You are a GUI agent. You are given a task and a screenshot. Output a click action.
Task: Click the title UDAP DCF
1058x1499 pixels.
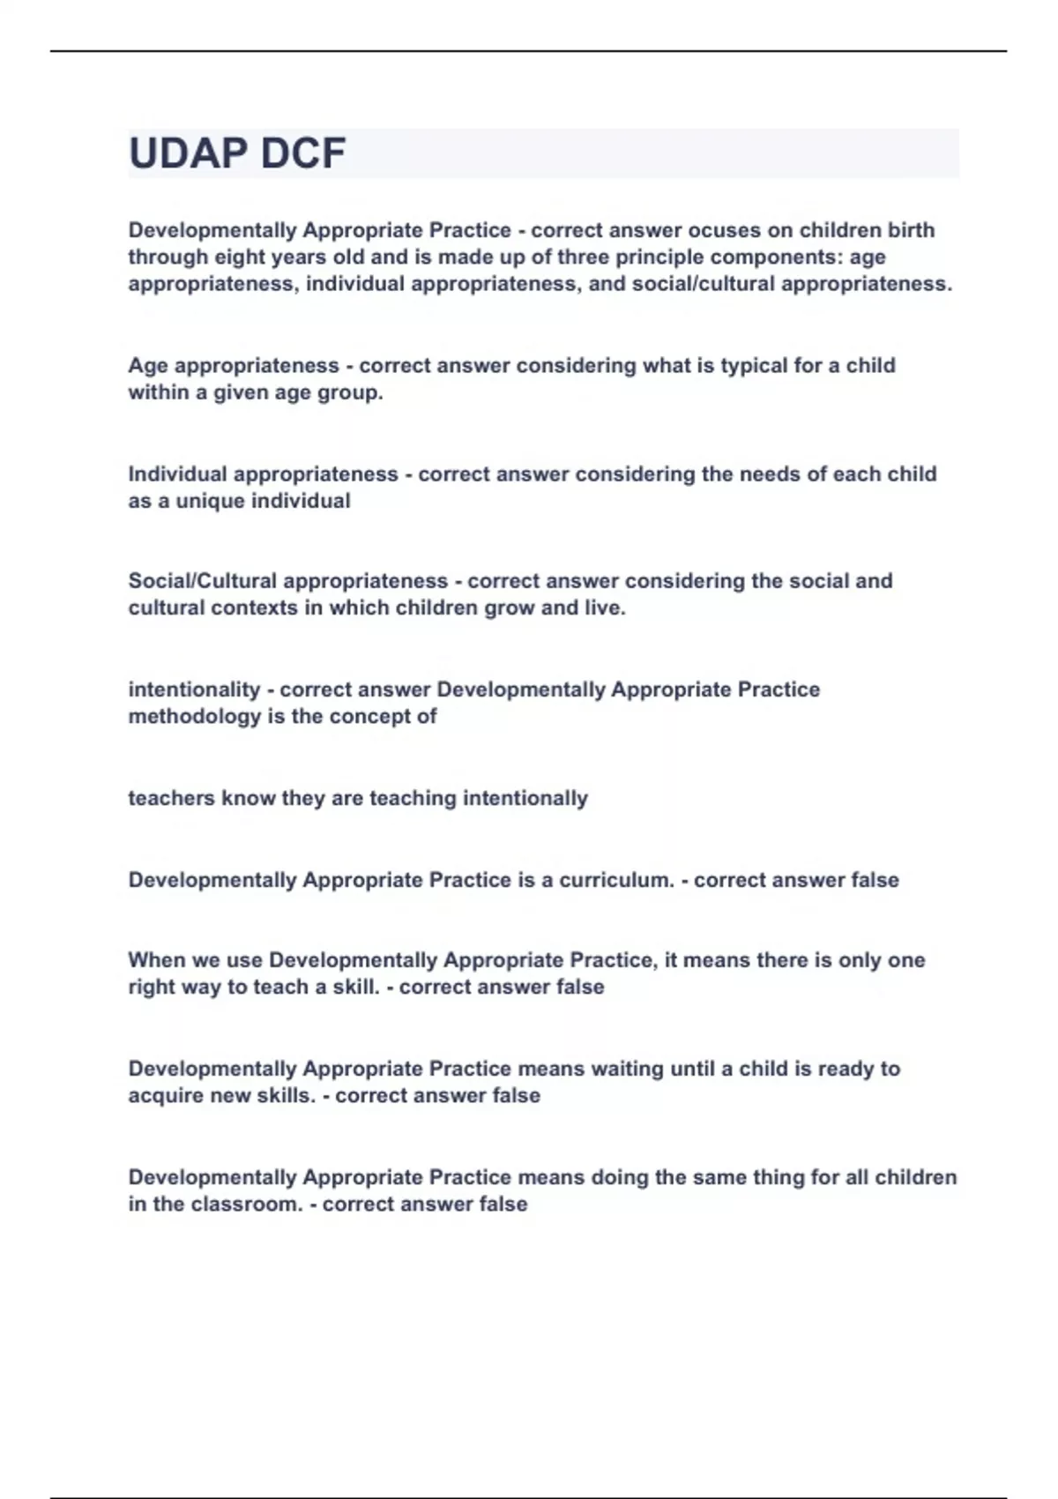pos(237,153)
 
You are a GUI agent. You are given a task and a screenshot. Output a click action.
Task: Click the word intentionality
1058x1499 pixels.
pos(194,690)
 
